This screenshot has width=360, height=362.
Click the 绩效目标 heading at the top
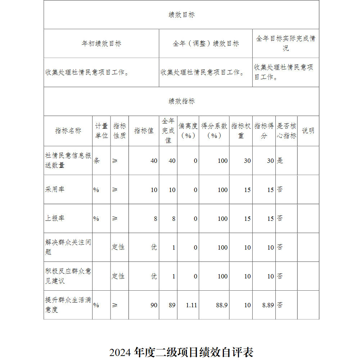coord(181,15)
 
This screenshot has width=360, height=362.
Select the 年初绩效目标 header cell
coord(101,44)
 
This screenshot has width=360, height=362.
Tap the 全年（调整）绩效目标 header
coord(206,44)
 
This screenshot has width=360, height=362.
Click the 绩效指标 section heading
coord(181,101)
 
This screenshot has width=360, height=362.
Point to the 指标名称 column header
coord(68,131)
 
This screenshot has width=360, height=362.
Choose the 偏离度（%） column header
coord(188,131)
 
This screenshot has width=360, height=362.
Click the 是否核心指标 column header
coord(287,131)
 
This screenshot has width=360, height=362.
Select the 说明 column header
coord(308,131)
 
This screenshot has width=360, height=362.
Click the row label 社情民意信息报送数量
coord(68,161)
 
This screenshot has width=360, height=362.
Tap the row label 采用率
coord(55,189)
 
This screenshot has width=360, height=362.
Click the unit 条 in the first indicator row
coord(96,161)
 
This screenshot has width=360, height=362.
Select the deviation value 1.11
coord(192,305)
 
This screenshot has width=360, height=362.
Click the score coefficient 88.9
coord(222,305)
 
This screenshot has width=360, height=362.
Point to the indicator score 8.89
coord(268,305)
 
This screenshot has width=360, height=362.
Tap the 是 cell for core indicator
coord(280,161)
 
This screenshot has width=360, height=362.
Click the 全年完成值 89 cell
coord(172,305)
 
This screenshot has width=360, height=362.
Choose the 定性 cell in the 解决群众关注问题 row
coord(118,247)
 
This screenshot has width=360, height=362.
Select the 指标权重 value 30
coord(247,161)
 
